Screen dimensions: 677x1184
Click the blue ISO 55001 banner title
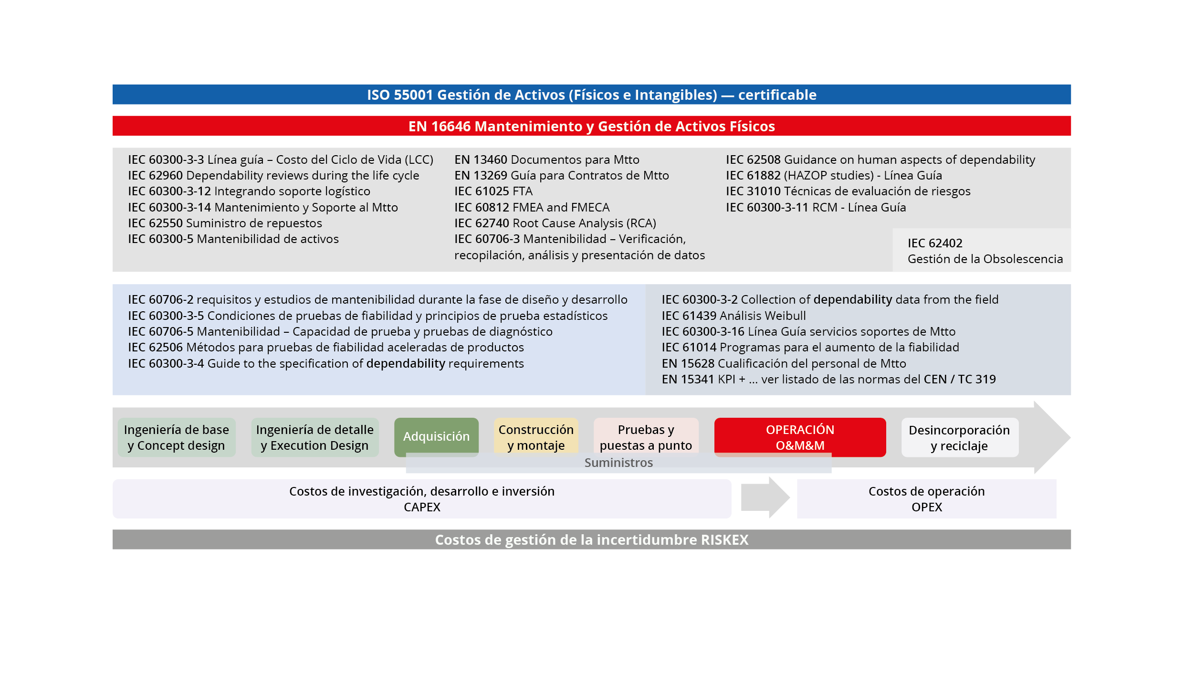tap(591, 95)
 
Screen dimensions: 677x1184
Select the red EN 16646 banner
tap(591, 127)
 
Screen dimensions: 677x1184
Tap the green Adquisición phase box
tap(436, 436)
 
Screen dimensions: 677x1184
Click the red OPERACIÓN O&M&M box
tap(800, 436)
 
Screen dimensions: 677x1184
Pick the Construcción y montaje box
tap(536, 437)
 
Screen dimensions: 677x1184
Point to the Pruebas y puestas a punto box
tap(646, 437)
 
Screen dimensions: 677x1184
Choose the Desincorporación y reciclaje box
tap(959, 437)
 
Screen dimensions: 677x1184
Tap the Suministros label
tap(618, 463)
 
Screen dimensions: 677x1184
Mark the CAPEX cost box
tap(422, 499)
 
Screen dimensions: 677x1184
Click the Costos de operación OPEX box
tap(926, 499)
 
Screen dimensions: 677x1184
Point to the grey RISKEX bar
tap(591, 539)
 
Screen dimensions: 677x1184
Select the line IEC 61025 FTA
tap(493, 191)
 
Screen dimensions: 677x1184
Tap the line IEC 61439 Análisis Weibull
tap(733, 316)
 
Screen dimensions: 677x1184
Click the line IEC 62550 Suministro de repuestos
tap(225, 223)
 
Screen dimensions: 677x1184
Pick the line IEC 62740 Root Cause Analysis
tap(555, 223)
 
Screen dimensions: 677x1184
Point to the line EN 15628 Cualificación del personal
tap(784, 364)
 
